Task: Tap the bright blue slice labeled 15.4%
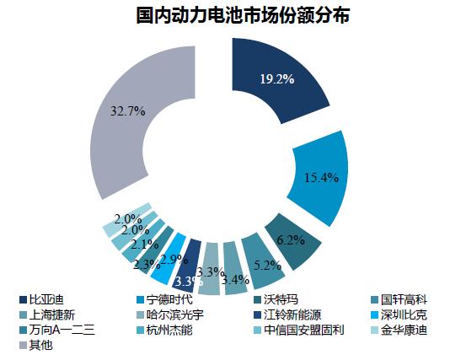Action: click(320, 177)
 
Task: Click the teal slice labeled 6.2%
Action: click(291, 239)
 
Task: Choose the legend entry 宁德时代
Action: click(169, 299)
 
